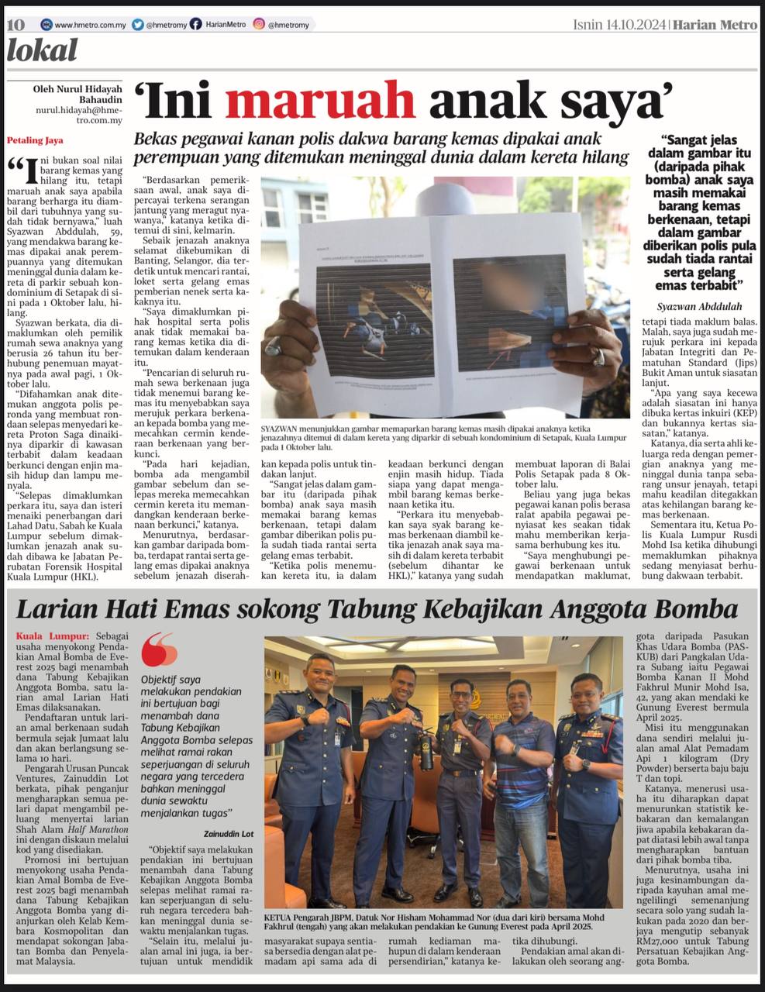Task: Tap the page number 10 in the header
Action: [16, 25]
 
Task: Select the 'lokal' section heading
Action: [42, 51]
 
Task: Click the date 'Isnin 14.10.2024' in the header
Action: [619, 25]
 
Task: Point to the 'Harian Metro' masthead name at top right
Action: [714, 25]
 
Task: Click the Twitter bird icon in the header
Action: [138, 25]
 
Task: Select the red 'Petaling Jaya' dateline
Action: [35, 140]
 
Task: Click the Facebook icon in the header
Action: [196, 25]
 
